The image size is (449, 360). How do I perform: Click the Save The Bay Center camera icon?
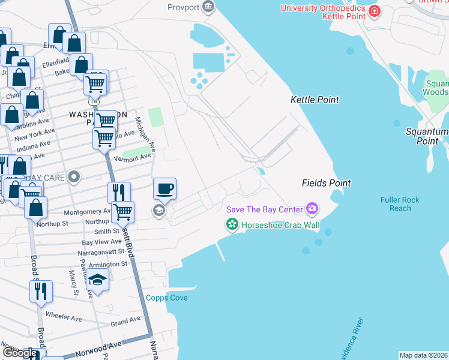tap(312, 209)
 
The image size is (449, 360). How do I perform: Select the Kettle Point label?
tap(315, 100)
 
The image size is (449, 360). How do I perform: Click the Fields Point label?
tap(326, 183)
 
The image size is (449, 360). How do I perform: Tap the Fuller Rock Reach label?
tap(400, 204)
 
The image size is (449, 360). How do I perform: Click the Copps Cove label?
tap(167, 298)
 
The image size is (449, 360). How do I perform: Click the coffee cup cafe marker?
tap(164, 189)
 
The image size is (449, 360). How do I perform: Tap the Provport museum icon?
tap(208, 7)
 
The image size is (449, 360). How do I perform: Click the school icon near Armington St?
tap(97, 280)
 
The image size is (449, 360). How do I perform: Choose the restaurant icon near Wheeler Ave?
tap(41, 291)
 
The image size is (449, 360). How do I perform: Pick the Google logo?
tap(20, 353)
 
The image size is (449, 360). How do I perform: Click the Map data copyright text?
tap(424, 355)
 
